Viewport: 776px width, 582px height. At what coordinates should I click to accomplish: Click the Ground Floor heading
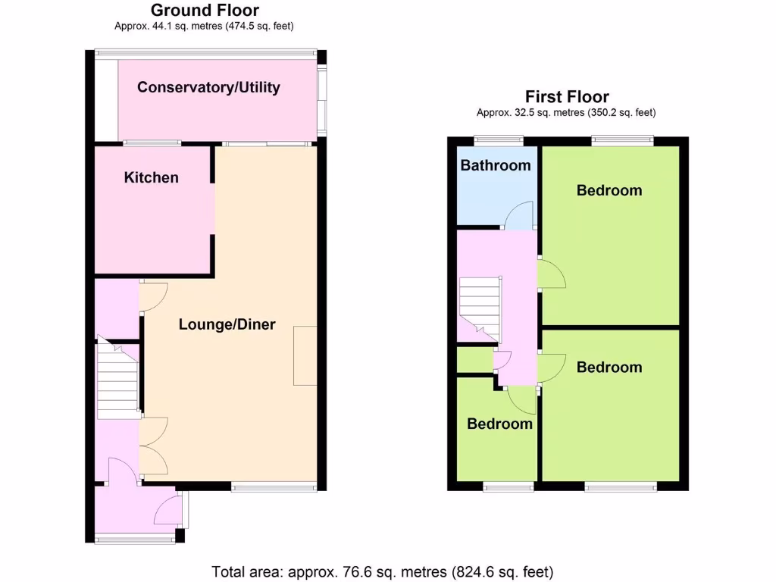tap(205, 11)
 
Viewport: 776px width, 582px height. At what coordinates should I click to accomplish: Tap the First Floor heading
tap(567, 97)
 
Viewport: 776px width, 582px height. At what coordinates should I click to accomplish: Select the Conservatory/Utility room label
tap(208, 87)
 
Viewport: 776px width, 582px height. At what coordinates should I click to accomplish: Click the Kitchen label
tap(152, 177)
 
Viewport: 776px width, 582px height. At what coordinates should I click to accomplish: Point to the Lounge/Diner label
tap(227, 324)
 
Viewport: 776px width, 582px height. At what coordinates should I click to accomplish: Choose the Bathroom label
tap(496, 165)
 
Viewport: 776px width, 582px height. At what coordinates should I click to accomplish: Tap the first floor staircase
tap(480, 309)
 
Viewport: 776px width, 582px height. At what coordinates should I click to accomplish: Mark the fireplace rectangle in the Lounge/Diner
tap(305, 355)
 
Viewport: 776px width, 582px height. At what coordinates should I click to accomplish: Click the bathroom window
tap(498, 139)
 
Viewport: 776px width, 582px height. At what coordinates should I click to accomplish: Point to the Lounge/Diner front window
tap(274, 487)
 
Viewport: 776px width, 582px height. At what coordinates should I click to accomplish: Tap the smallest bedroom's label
tap(499, 424)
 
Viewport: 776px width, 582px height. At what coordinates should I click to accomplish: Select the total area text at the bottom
tap(382, 571)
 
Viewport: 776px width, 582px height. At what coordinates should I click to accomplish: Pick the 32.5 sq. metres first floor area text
tap(566, 112)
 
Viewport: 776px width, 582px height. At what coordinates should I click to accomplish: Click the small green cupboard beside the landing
tap(474, 360)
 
